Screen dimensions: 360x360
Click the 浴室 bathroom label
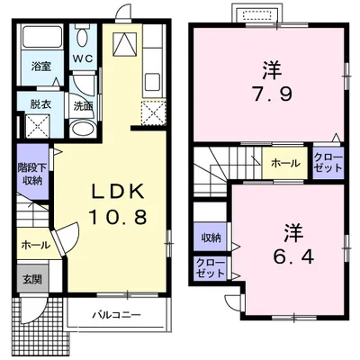(40, 67)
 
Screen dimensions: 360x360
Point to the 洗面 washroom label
(83, 105)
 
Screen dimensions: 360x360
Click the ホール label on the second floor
(287, 164)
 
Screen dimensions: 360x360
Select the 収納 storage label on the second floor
(211, 238)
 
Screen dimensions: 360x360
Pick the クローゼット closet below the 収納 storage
(211, 267)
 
